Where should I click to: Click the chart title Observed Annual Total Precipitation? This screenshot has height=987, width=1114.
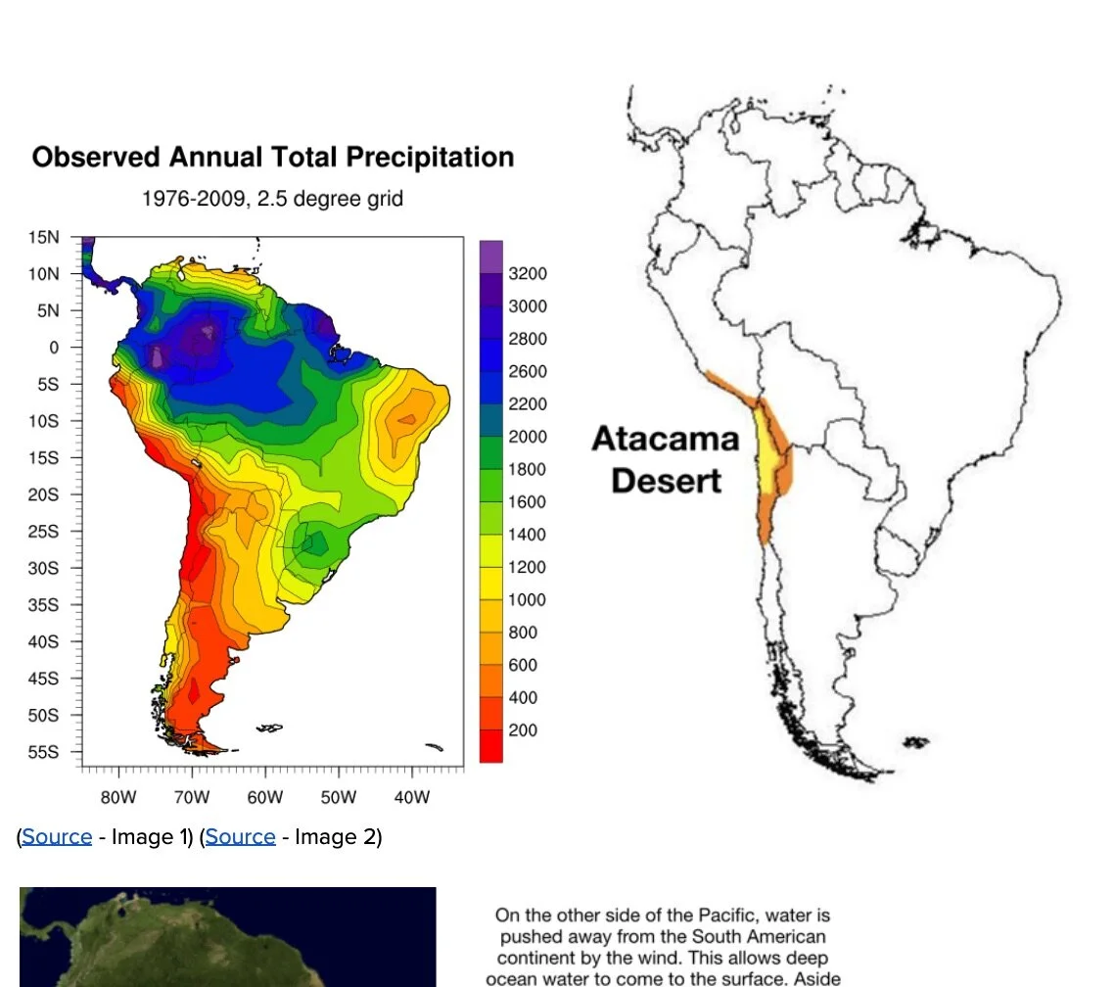tap(273, 158)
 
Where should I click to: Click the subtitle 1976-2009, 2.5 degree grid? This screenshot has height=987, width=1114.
tap(272, 199)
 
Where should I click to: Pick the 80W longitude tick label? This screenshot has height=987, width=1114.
tap(117, 797)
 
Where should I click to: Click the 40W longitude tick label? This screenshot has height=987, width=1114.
tap(411, 797)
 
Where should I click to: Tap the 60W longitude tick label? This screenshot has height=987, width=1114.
tap(264, 797)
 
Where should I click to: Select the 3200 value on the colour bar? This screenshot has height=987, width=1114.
tap(528, 273)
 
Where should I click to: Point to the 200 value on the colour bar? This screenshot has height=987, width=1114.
tap(523, 730)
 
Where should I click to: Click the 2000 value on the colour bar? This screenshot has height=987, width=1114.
tap(528, 437)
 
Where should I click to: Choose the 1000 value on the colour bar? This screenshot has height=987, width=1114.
tap(528, 600)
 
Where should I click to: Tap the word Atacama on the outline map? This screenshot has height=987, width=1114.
tap(665, 439)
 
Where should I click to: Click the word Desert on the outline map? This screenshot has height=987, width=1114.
tap(666, 481)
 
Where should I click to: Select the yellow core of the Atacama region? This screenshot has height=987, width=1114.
tap(768, 460)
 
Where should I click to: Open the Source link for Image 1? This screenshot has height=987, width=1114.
tap(57, 837)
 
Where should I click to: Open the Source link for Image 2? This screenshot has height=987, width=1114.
tap(240, 837)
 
